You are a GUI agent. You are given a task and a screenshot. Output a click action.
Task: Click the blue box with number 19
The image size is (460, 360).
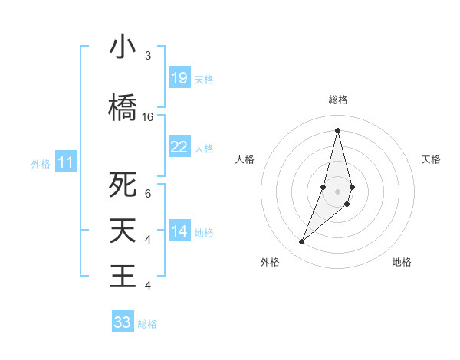tap(179, 78)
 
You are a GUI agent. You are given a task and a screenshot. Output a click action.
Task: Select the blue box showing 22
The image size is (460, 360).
tap(179, 147)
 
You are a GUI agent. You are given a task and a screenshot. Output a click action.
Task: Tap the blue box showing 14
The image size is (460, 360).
tap(179, 231)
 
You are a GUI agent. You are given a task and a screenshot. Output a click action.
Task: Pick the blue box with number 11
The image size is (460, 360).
tap(66, 162)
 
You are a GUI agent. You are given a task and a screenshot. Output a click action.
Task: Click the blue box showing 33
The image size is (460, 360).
tap(123, 322)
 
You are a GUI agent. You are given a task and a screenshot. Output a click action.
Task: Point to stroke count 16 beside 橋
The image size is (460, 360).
tap(148, 117)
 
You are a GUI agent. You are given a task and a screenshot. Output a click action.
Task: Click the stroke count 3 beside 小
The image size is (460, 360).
tap(148, 56)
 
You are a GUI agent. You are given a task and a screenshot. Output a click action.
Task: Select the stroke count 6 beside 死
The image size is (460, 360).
tap(148, 194)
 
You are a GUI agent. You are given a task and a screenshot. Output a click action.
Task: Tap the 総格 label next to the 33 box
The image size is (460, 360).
tap(147, 324)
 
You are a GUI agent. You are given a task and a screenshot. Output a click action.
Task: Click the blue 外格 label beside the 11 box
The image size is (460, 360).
tap(41, 163)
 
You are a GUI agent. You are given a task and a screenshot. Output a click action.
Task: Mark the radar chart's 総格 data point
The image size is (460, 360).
tap(337, 129)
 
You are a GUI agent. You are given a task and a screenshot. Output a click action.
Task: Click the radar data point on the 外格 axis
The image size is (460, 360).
tap(302, 242)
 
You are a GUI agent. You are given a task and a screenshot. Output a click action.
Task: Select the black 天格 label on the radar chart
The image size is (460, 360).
tap(432, 159)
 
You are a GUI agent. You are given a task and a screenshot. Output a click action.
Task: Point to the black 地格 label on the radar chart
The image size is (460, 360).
tap(402, 262)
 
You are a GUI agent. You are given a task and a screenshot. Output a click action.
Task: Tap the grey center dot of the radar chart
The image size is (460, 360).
tap(337, 191)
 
